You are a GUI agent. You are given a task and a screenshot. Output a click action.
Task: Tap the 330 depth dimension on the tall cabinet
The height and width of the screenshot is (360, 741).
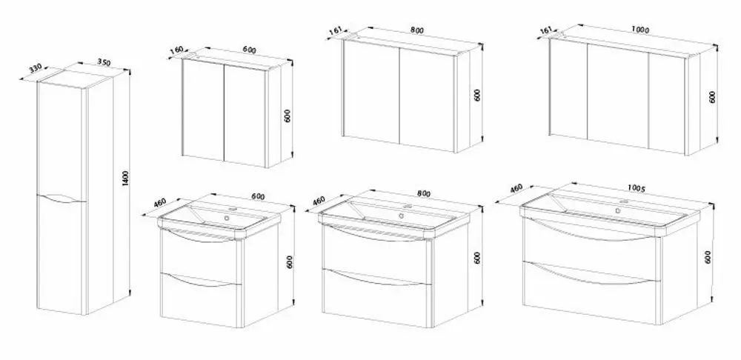(x=35, y=68)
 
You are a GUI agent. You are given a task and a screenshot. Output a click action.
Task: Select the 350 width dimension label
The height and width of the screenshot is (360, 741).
(x=104, y=61)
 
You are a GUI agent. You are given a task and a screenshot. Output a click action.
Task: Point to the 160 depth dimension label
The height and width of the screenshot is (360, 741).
(x=176, y=50)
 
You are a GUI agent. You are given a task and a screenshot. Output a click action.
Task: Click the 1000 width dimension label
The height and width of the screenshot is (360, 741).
(x=640, y=30)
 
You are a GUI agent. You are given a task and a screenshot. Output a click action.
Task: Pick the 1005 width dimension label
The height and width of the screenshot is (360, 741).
(x=636, y=188)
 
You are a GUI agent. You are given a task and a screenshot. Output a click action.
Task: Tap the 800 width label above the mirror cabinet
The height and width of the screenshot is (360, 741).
(x=416, y=30)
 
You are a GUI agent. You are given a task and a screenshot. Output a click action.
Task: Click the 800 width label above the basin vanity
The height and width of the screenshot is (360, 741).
(x=424, y=193)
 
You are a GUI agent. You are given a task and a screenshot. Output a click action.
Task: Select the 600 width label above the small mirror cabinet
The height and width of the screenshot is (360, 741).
(x=249, y=50)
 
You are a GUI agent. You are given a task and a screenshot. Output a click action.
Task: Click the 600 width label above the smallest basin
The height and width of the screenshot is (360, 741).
(x=258, y=196)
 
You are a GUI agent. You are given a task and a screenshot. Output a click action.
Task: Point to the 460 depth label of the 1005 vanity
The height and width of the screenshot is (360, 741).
(x=516, y=188)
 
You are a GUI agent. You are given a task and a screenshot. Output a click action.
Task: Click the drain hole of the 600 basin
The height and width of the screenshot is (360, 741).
(x=227, y=219)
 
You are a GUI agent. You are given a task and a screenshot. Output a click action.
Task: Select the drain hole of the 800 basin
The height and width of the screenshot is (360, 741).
(x=401, y=216)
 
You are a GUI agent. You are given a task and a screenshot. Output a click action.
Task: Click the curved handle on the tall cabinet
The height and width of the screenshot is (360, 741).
(x=62, y=199)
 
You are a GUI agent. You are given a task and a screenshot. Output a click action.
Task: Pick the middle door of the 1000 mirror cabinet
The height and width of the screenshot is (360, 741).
(x=618, y=98)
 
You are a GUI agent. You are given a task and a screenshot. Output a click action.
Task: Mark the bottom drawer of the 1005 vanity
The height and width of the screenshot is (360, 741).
(x=591, y=291)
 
